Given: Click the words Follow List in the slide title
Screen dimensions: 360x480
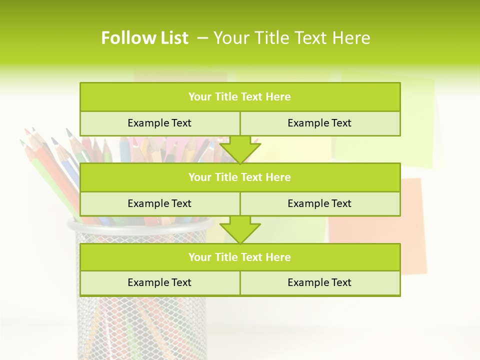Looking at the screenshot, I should tap(144, 38).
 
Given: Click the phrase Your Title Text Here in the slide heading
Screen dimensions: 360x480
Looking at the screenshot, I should tap(292, 38).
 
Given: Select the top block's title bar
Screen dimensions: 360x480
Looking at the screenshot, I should tap(240, 97).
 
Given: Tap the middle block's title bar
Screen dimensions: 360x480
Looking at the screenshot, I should tap(240, 177).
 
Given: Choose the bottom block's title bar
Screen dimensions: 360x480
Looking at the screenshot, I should tap(240, 257).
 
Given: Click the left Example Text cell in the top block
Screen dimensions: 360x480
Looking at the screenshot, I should tap(159, 123).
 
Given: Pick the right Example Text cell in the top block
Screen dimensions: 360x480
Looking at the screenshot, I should tap(319, 123).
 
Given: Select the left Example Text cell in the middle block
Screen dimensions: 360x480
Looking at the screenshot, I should tap(159, 203).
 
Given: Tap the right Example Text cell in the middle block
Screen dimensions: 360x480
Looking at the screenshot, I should tap(319, 203).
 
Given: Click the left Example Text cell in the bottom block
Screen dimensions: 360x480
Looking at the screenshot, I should tap(159, 282).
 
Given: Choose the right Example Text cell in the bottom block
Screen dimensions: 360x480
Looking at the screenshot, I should tap(319, 282).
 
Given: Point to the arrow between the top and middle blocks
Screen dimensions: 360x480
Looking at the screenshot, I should tap(240, 149).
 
